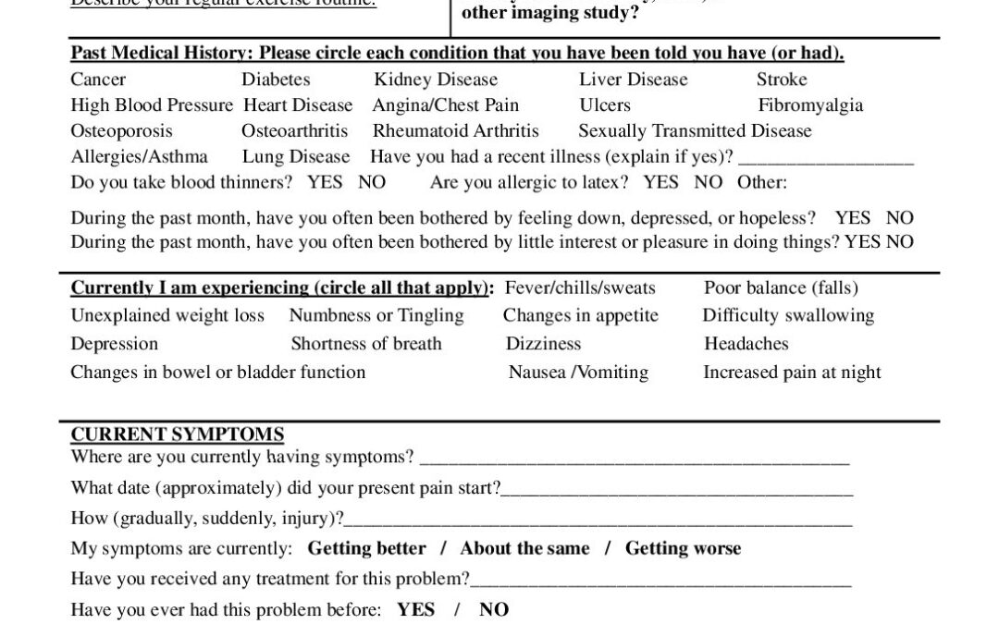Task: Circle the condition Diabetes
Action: tap(276, 80)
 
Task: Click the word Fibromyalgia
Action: tap(810, 105)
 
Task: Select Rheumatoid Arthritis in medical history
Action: tap(455, 131)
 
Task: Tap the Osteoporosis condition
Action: tap(121, 131)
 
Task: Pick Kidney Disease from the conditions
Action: tap(436, 80)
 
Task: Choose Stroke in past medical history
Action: tap(782, 80)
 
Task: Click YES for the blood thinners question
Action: tap(325, 182)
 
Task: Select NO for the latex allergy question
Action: tap(708, 182)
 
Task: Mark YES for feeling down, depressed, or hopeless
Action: tap(852, 218)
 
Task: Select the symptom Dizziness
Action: tap(543, 344)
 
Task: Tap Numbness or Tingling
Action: tap(376, 316)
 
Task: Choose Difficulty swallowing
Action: tap(788, 316)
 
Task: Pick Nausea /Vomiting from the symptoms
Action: tap(578, 373)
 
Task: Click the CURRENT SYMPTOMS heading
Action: tap(177, 434)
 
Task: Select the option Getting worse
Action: tap(683, 548)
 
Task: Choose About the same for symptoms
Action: tap(524, 548)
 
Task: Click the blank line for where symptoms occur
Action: tap(634, 459)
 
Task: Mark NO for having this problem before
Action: tap(494, 610)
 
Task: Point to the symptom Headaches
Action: tap(746, 344)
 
